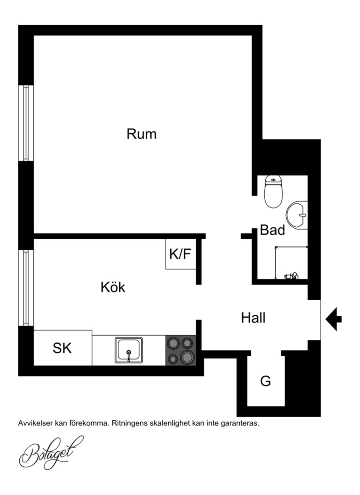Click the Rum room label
point(141,134)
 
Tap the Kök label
point(113,287)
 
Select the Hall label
point(253,318)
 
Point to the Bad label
point(272,230)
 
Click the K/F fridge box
point(181,254)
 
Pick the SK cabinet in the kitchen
point(62,348)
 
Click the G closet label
point(266,381)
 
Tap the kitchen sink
point(128,350)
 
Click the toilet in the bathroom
point(273,192)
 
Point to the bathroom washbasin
point(297,215)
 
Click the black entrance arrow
point(333,319)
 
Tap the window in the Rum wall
point(26,123)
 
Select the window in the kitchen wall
point(26,287)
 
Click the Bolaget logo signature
point(51,452)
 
